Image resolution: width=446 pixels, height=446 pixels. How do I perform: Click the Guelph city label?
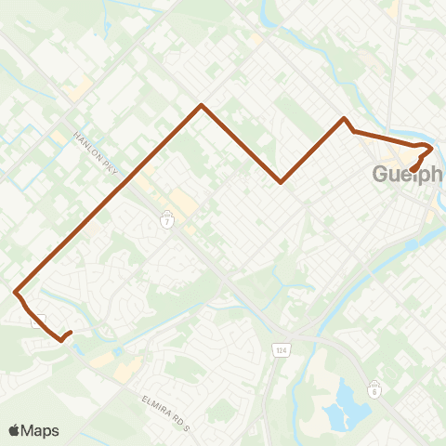(x=409, y=175)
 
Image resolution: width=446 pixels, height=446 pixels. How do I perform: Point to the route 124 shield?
(x=280, y=348)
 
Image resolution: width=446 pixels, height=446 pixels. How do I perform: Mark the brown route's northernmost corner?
(x=202, y=105)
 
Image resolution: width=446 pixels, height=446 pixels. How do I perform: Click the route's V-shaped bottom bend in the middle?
(x=281, y=182)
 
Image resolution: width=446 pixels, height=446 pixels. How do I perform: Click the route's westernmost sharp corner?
(x=16, y=293)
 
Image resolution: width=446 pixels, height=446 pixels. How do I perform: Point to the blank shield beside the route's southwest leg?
(x=38, y=321)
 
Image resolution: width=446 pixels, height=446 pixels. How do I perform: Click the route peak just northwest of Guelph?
(x=345, y=119)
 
